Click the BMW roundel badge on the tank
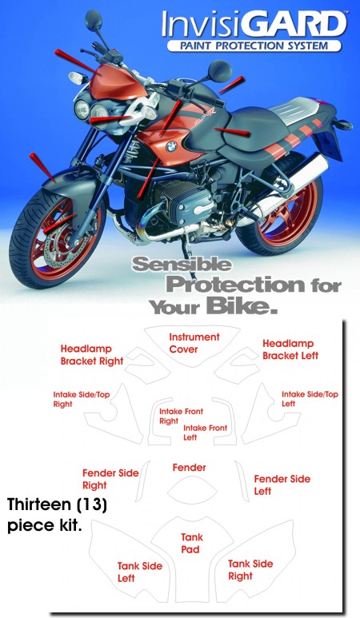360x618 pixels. [171, 147]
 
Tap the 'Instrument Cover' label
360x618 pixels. [194, 343]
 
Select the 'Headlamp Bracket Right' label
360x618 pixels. [92, 355]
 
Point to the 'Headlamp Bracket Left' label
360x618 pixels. [290, 349]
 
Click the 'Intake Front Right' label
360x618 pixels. [181, 417]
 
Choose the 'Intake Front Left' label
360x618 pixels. [205, 433]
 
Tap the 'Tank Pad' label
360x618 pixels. [192, 543]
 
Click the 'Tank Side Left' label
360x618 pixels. [139, 572]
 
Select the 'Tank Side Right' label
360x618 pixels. [250, 570]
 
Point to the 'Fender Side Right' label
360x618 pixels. [110, 479]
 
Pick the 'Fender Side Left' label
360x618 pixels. [282, 484]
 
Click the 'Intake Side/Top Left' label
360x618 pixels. [310, 399]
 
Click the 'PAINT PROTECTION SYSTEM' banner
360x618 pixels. [254, 46]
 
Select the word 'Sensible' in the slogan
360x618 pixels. [182, 264]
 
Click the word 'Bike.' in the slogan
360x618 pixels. [242, 306]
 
